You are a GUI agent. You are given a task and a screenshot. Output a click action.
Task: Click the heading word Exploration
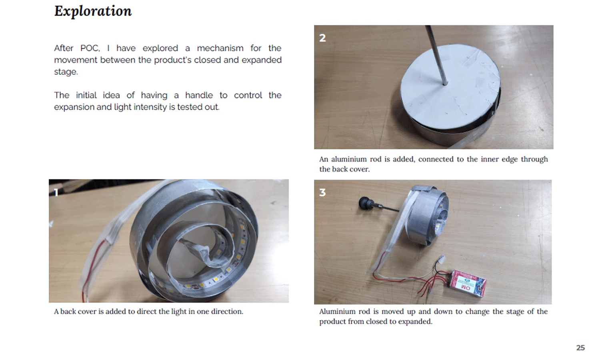pos(93,11)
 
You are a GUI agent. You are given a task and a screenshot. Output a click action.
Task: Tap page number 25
pos(580,348)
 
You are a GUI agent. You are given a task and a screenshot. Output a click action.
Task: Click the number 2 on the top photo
pos(322,38)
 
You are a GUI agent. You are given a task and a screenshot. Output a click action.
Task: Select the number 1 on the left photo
pos(56,192)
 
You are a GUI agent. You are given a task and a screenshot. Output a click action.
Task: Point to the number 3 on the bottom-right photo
pos(322,192)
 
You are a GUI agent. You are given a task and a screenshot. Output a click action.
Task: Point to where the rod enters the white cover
pos(445,84)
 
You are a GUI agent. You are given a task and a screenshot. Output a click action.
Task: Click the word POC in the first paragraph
pos(90,48)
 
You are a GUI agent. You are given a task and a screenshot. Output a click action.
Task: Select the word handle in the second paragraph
pos(199,95)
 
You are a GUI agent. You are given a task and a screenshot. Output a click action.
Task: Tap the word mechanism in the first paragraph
pos(220,48)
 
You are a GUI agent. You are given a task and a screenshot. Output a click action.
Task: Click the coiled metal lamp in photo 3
pos(427,214)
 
